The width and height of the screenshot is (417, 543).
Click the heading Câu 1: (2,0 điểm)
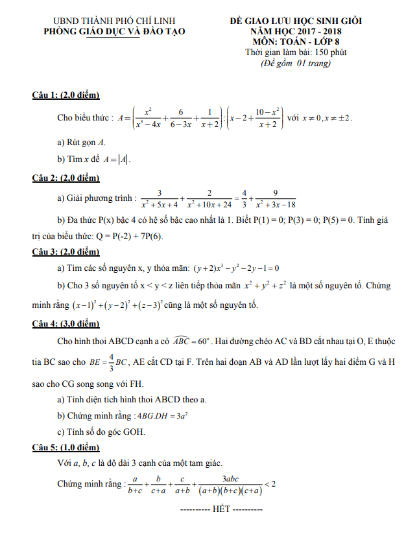point(66,96)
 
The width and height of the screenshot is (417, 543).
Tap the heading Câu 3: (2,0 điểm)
point(66,251)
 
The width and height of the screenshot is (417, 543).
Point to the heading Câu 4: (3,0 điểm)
point(66,323)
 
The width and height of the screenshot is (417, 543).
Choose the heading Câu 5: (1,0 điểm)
point(66,448)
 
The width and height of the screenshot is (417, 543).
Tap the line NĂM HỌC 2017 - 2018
point(296,31)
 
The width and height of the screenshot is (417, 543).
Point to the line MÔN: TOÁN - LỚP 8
point(296,41)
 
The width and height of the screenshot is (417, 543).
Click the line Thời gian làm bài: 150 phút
point(296,52)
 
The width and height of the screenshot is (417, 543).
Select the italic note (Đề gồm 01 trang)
point(296,63)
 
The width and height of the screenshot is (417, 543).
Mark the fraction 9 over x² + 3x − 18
point(276,198)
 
